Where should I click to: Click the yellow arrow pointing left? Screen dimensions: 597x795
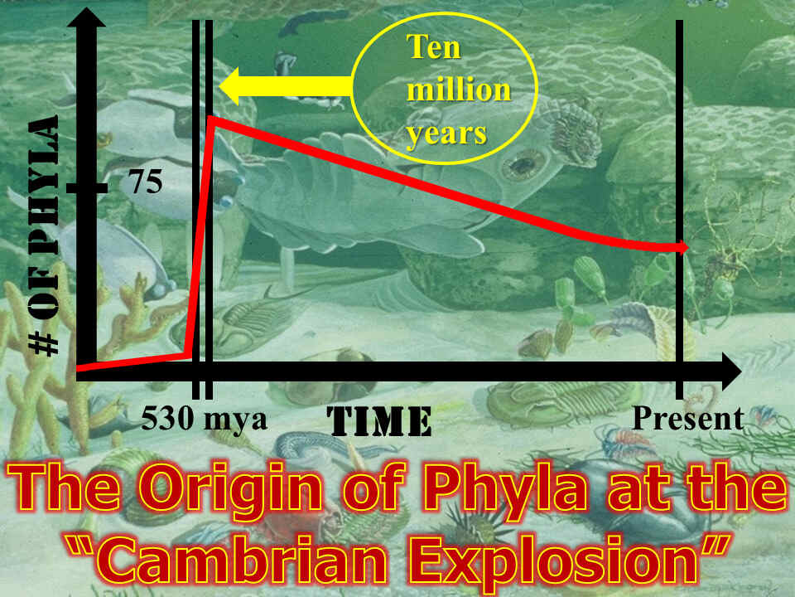click(x=282, y=86)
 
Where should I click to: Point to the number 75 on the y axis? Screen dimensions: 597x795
click(x=145, y=182)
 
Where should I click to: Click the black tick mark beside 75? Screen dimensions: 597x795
click(x=86, y=188)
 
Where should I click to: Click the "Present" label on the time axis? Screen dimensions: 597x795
click(x=687, y=418)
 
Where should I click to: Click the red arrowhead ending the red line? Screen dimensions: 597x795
click(x=684, y=247)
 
